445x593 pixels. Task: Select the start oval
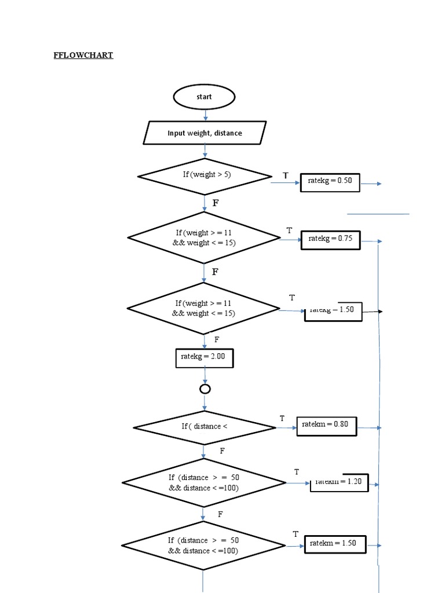tap(204, 97)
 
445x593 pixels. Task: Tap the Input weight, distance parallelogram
tap(205, 133)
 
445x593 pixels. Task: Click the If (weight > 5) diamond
tap(204, 175)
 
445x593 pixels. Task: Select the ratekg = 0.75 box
tap(331, 239)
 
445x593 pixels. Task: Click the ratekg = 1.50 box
tap(333, 310)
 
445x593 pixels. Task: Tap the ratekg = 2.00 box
tap(204, 357)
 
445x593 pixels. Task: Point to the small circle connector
tap(205, 389)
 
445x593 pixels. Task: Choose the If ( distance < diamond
tap(205, 427)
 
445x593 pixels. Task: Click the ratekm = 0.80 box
tap(326, 426)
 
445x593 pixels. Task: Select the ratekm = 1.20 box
tap(339, 482)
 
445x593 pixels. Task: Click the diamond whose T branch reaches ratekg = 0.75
tap(204, 237)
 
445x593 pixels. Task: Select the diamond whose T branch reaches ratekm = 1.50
tap(203, 546)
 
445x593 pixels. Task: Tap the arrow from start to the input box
tap(205, 115)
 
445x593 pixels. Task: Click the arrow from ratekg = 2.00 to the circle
tap(205, 375)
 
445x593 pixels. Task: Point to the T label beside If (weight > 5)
tap(285, 175)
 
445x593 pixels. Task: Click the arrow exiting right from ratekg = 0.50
tap(371, 184)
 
